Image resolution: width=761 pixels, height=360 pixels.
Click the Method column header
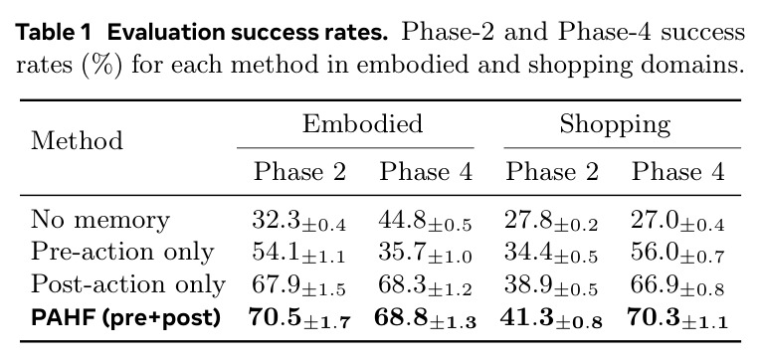77,141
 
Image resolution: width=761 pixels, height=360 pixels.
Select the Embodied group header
362,123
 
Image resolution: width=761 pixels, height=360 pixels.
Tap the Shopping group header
615,125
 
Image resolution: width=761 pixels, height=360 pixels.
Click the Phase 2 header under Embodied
300,172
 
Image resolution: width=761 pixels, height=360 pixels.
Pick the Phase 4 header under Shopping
678,172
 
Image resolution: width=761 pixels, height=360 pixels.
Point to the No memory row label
100,220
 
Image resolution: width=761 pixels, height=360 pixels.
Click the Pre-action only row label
122,252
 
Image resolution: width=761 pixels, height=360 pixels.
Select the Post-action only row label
128,284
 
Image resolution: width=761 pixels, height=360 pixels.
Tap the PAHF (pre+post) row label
125,317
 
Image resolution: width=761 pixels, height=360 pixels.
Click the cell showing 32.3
299,221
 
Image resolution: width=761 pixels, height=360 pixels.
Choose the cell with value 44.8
425,221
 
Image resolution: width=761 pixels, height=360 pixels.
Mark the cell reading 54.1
299,254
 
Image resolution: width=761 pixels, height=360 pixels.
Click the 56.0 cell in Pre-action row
677,254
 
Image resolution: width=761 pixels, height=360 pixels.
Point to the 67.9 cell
299,285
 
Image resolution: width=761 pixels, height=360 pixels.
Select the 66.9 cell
677,285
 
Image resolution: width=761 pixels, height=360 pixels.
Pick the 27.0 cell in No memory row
677,221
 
